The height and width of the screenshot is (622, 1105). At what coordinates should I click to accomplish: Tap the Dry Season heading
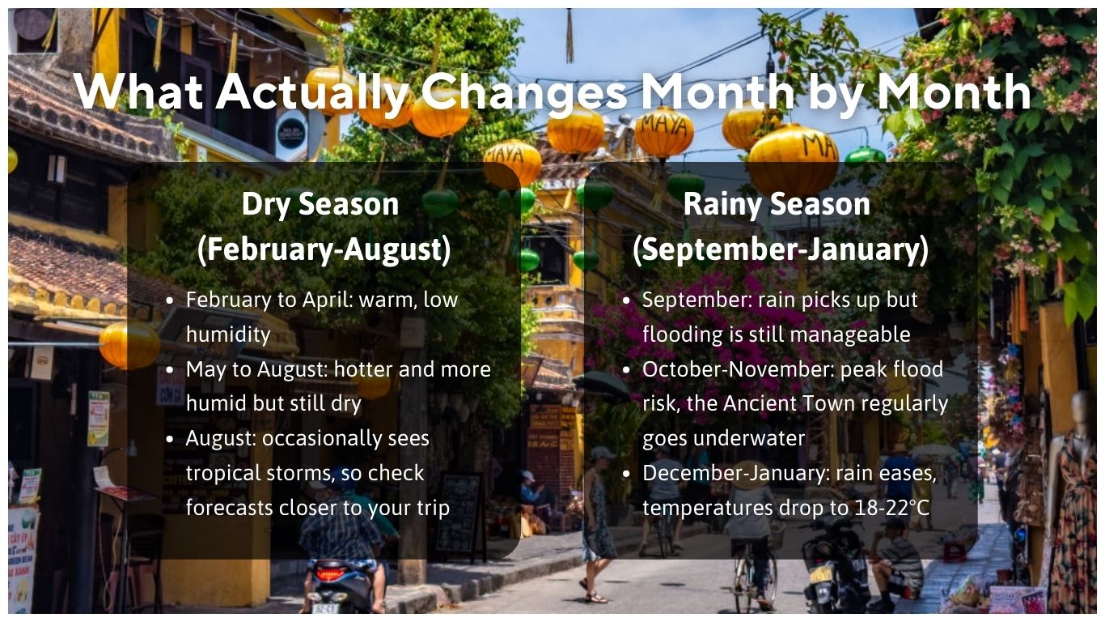point(320,204)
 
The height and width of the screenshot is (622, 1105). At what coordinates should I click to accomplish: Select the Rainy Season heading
point(777,204)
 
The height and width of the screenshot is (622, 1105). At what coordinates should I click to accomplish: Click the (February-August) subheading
point(324,249)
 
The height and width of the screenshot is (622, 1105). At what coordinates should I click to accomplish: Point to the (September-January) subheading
point(781,249)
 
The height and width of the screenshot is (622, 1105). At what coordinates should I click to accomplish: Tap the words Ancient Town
point(785,403)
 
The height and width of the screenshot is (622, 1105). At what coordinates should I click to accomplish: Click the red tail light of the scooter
point(329,573)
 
